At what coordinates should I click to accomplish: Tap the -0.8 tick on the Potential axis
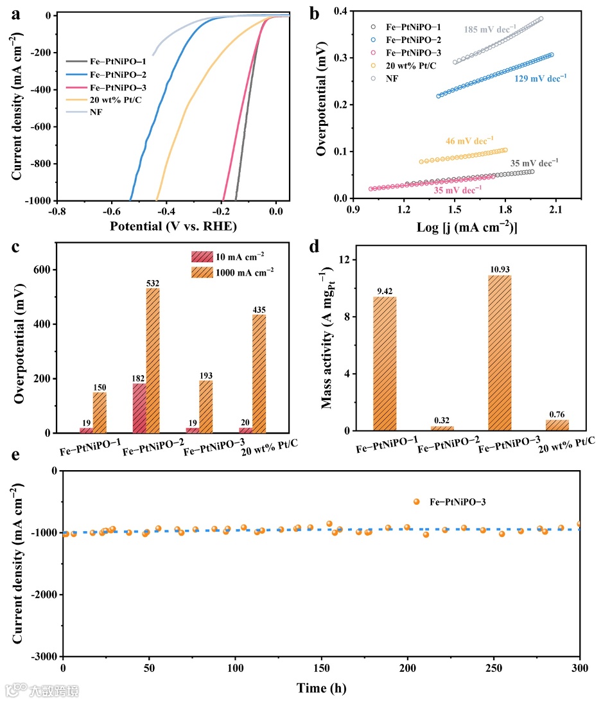58,210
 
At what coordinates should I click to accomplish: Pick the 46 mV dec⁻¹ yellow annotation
469,140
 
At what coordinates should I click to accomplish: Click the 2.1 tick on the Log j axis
555,209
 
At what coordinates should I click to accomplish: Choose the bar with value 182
139,408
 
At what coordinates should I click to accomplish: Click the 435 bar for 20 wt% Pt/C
259,373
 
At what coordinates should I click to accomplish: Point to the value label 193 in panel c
205,376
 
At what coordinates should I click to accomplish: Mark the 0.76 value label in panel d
557,414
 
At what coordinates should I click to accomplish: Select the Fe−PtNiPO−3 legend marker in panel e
416,502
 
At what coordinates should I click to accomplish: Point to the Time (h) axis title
322,689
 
